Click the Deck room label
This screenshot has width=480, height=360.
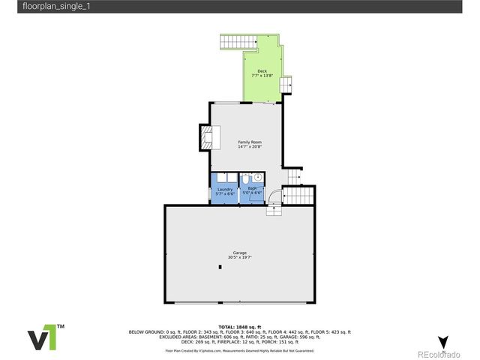(x=262, y=71)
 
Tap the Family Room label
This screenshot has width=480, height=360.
(x=250, y=142)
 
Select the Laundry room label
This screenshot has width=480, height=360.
(x=225, y=189)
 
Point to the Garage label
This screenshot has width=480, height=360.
(x=240, y=253)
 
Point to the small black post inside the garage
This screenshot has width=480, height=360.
(x=220, y=266)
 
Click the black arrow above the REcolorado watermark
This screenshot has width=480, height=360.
(x=443, y=341)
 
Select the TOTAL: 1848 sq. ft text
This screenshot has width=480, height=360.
(x=240, y=327)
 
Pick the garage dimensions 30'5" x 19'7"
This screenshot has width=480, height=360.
(x=240, y=258)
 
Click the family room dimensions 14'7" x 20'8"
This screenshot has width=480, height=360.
(x=250, y=147)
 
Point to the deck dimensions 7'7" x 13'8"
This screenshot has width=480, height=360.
(x=262, y=76)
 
